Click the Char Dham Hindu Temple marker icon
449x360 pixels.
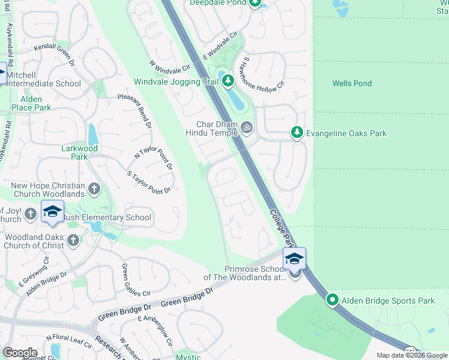pyautogui.click(x=246, y=127)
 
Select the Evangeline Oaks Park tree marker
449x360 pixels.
pyautogui.click(x=296, y=132)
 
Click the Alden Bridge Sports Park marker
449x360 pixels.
pyautogui.click(x=333, y=300)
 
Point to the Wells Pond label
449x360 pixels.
pyautogui.click(x=352, y=83)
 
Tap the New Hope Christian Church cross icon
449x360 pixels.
pyautogui.click(x=94, y=190)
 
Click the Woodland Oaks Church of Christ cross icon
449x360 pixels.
pyautogui.click(x=73, y=241)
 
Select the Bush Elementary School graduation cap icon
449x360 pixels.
pyautogui.click(x=52, y=212)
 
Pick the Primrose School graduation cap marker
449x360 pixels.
pyautogui.click(x=294, y=259)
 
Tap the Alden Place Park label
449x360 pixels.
pyautogui.click(x=27, y=103)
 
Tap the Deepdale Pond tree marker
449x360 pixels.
pyautogui.click(x=255, y=4)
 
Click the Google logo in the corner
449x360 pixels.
pyautogui.click(x=20, y=352)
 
